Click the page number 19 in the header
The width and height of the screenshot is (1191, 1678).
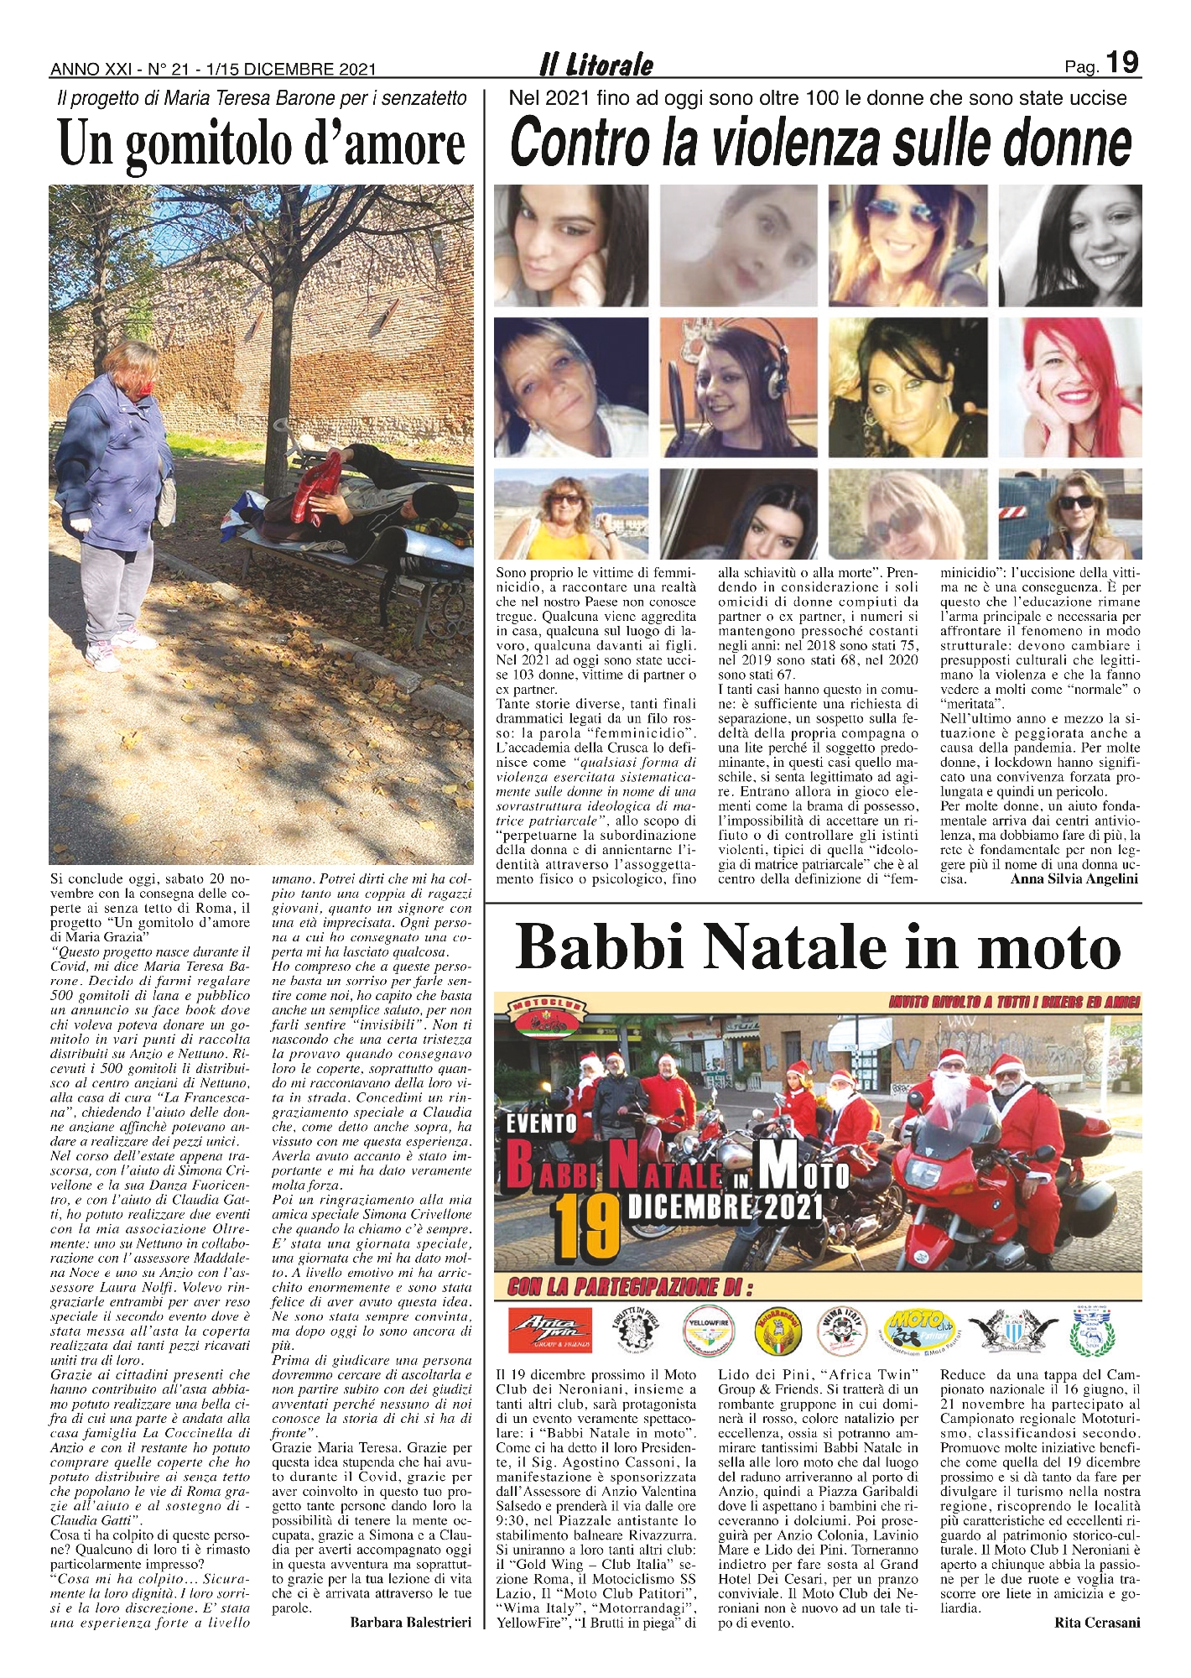pyautogui.click(x=1121, y=63)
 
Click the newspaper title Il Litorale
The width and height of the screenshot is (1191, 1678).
pyautogui.click(x=595, y=65)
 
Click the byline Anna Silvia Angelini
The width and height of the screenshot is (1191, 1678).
pyautogui.click(x=1074, y=879)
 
